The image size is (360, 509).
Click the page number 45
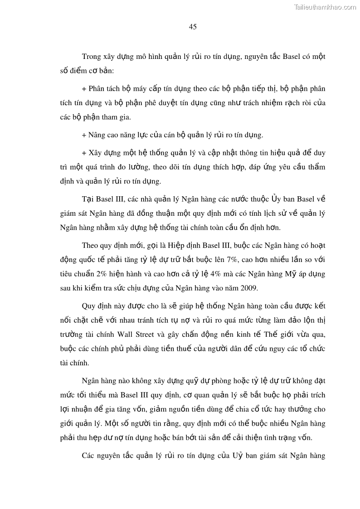[x=193, y=27]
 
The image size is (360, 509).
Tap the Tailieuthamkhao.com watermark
[x=325, y=7]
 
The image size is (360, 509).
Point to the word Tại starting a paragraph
[x=89, y=199]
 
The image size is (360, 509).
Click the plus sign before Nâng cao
[x=84, y=135]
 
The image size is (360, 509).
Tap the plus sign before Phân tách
[x=84, y=88]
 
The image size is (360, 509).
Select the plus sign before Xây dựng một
[x=84, y=152]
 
